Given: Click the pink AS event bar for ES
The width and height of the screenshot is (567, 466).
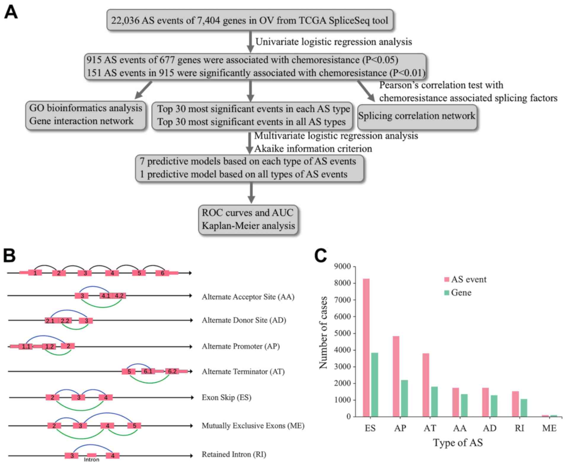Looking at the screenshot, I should (x=366, y=347).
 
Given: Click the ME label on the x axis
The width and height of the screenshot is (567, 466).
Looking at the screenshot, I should (x=549, y=428).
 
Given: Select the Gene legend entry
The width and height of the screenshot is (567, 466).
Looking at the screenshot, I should (x=461, y=293).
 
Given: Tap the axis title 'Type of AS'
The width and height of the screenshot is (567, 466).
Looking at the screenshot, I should (x=458, y=443).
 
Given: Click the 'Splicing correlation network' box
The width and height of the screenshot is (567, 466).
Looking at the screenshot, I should (x=417, y=116).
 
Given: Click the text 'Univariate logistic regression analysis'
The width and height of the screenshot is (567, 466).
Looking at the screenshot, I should (x=333, y=42).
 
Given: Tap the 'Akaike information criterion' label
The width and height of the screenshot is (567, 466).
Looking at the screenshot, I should (x=313, y=149).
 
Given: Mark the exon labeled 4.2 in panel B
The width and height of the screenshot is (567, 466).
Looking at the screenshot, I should (x=119, y=296).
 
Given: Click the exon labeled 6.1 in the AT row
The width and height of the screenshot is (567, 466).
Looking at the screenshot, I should (x=148, y=371).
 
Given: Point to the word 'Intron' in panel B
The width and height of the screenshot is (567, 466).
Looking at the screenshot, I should (x=91, y=459).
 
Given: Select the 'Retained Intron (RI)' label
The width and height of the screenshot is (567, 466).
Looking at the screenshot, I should (x=234, y=454).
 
